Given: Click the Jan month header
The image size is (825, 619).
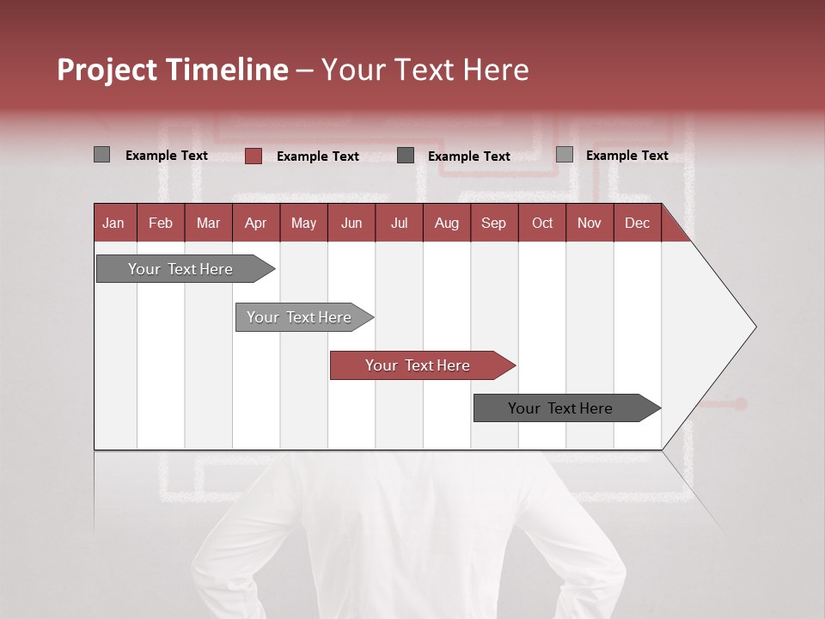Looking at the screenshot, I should point(114,223).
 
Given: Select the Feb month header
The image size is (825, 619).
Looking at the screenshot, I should point(161,223).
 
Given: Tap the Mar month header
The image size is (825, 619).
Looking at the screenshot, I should point(208,223).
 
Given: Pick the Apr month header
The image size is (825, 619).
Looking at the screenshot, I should point(256,223).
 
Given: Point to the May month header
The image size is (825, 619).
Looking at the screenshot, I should point(303,223).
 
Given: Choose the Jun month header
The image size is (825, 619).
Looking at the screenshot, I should point(351,223).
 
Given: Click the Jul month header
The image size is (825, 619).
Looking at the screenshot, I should point(399,223).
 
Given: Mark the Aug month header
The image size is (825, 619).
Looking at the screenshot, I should point(447,223).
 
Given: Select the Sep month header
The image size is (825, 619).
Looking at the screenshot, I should point(494,223).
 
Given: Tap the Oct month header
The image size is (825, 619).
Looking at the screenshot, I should point(542,223).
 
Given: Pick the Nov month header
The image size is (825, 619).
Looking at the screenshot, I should point(590,223).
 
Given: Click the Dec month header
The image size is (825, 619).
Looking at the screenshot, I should point(638,223).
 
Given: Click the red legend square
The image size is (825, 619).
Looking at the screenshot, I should point(254,156).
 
